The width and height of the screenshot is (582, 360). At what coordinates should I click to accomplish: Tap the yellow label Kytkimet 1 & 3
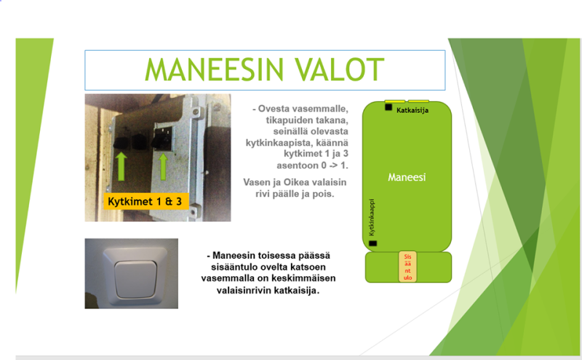[x=146, y=201]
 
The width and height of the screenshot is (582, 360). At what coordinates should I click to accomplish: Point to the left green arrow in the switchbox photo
[x=121, y=167]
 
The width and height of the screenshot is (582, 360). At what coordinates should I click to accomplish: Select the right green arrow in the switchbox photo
[x=163, y=167]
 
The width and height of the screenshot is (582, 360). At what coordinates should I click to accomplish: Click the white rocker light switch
[x=135, y=279]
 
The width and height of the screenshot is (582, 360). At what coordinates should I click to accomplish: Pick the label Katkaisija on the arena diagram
[x=412, y=111]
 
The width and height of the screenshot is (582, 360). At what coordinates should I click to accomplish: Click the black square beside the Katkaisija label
[x=388, y=107]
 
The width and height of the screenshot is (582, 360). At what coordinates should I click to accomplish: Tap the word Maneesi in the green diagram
[x=407, y=177]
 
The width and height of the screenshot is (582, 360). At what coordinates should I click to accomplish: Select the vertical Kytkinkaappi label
[x=372, y=217]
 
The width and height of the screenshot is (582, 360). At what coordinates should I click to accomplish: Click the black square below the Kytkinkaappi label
[x=372, y=244]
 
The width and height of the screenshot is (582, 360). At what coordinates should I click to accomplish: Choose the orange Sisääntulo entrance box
[x=407, y=267]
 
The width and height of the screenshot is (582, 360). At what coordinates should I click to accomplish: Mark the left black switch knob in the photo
[x=121, y=143]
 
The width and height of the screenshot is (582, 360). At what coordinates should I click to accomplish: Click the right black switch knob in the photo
[x=159, y=142]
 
